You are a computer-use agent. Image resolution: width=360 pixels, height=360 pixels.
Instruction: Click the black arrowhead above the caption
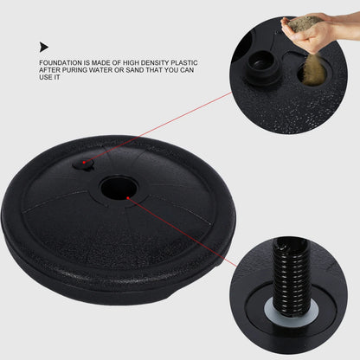(x=44, y=48)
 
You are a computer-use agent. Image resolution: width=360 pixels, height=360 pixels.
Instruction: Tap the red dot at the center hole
(x=128, y=197)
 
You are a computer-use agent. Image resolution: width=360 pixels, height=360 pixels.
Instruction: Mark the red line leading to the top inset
(x=164, y=130)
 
